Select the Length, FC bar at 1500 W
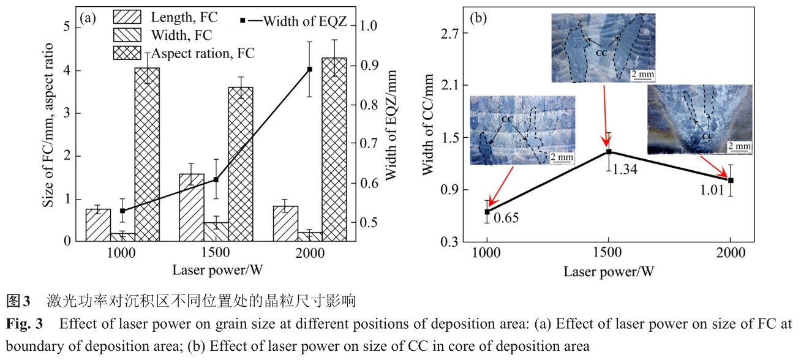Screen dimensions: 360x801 192,208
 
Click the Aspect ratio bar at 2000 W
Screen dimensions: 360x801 334,149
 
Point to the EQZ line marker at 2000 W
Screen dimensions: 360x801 309,69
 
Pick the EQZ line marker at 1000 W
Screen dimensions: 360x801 122,211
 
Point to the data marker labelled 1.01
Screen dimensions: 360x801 730,180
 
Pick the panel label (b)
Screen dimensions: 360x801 478,17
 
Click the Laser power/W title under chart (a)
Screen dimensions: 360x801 216,270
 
